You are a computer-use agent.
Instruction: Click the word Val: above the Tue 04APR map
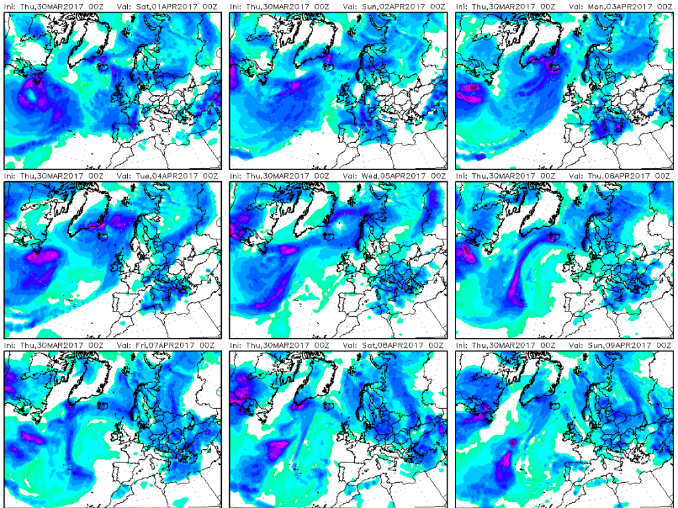click(x=122, y=176)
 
